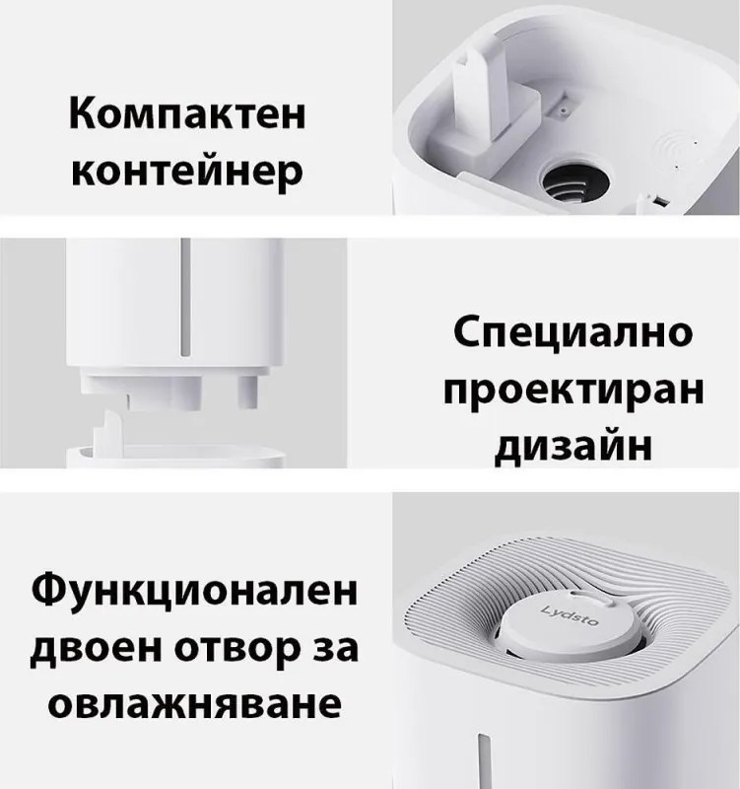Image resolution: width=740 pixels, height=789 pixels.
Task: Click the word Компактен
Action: [x=185, y=116]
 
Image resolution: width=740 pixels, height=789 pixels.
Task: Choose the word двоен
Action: [x=96, y=651]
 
